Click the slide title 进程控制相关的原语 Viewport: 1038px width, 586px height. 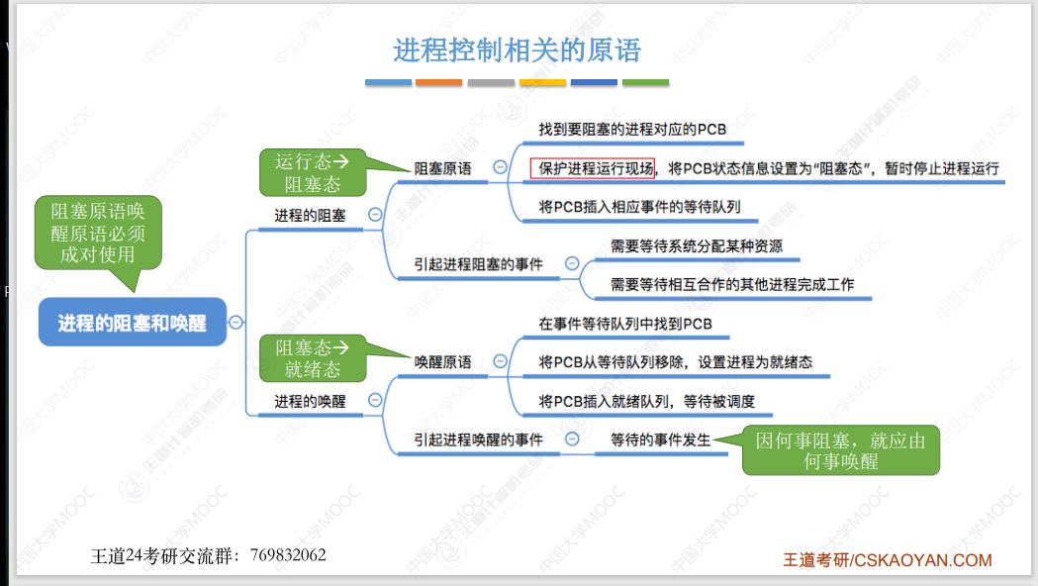517,49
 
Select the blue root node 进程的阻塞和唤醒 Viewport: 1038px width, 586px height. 133,322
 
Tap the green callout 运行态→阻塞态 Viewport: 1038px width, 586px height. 312,172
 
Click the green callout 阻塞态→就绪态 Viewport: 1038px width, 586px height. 312,357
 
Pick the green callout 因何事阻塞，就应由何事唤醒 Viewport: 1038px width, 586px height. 840,450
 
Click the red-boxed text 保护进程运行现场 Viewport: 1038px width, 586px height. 592,168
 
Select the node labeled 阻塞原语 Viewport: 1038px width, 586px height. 442,168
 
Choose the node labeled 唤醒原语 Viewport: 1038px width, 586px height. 442,361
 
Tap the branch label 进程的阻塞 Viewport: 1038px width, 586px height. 310,214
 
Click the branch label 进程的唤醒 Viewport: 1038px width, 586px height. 310,401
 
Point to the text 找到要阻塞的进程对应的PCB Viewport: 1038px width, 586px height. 632,130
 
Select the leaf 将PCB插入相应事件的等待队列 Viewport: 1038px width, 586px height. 639,207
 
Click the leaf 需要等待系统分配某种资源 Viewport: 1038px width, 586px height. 696,245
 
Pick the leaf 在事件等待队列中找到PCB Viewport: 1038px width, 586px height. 624,324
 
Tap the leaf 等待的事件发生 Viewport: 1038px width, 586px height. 660,439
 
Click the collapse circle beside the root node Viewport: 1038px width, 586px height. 236,322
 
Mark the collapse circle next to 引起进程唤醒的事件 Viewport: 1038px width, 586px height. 572,439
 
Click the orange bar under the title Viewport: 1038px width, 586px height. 438,82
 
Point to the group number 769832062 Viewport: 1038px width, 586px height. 288,555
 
